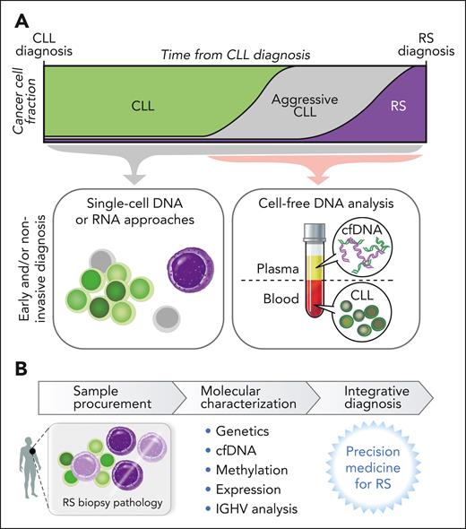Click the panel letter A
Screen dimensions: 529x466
coord(15,15)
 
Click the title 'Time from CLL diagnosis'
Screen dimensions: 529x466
coord(236,56)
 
